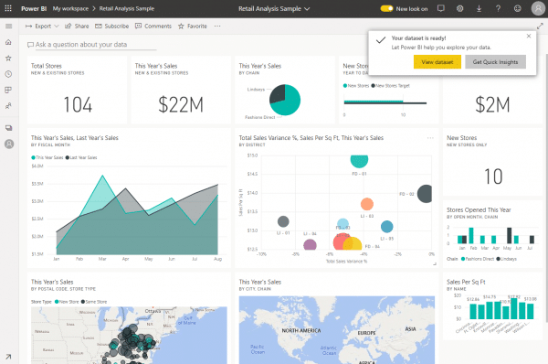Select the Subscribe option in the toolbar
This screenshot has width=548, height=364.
coord(113,27)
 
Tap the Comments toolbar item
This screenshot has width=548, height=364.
coord(154,27)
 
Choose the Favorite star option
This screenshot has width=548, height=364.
coord(192,27)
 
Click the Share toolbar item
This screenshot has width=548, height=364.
coord(79,27)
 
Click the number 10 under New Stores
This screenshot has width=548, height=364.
coord(491,177)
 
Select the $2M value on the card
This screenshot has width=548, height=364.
coord(491,104)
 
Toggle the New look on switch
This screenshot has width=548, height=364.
coord(386,8)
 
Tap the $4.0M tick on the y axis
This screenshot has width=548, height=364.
coord(37,167)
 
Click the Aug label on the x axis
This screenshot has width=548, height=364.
coord(218,260)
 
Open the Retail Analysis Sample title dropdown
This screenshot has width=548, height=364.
coord(274,8)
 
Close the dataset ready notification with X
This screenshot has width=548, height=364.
coord(529,37)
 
